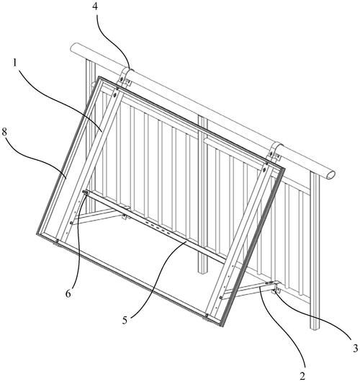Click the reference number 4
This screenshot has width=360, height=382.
click(96, 6)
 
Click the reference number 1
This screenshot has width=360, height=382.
click(15, 63)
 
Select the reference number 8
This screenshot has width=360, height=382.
click(4, 133)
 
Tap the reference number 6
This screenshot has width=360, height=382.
click(68, 294)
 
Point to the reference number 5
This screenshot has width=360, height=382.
click(125, 320)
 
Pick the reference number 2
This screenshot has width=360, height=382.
click(302, 376)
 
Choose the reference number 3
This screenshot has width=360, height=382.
click(356, 348)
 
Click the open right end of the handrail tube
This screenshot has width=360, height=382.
click(330, 174)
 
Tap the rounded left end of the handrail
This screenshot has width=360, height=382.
click(73, 48)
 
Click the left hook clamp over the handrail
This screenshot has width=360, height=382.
click(126, 76)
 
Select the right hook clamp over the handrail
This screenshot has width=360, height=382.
click(275, 152)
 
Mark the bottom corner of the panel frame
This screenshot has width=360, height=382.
click(222, 326)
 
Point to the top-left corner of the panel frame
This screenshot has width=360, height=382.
click(99, 77)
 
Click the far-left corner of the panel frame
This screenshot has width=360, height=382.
click(37, 234)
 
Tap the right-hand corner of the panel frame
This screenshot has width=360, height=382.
click(284, 169)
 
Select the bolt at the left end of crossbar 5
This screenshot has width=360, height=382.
click(86, 192)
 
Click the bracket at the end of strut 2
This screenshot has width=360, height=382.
click(275, 287)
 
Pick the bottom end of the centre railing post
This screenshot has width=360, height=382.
click(202, 271)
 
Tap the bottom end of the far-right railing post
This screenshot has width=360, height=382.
click(315, 327)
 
